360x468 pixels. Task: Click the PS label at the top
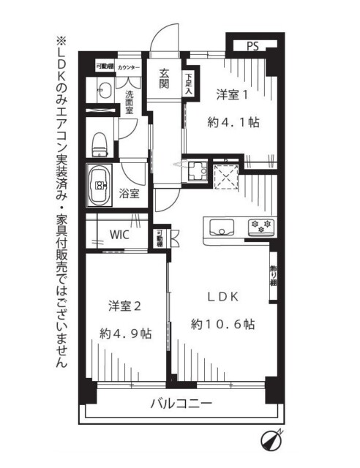(252, 47)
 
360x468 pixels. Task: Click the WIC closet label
(121, 235)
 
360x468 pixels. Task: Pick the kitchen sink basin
(221, 225)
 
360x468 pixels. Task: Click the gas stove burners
(260, 224)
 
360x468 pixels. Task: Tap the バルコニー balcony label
(181, 404)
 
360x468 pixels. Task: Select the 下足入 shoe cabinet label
(189, 85)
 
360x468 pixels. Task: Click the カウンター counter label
(129, 67)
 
